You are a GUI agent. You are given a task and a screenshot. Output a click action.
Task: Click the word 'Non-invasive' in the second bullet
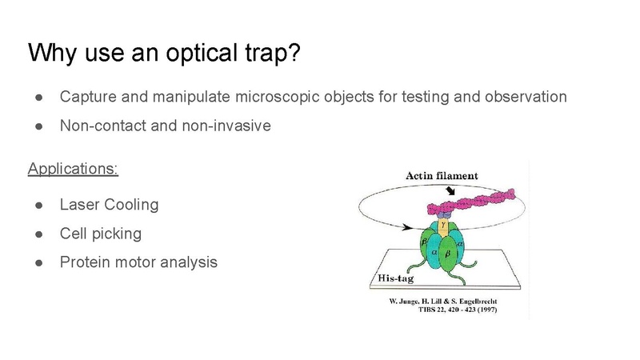pyautogui.click(x=226, y=126)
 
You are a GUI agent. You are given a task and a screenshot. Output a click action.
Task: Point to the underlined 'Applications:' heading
pyautogui.click(x=73, y=169)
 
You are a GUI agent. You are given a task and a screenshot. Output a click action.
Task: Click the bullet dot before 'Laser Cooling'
pyautogui.click(x=39, y=205)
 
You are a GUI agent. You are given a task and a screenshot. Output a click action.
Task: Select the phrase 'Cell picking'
pyautogui.click(x=101, y=234)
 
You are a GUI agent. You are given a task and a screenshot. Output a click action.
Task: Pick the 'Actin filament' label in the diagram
pyautogui.click(x=442, y=176)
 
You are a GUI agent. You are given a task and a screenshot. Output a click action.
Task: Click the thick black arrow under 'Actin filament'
pyautogui.click(x=450, y=190)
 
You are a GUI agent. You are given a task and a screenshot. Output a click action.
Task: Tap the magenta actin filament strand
pyautogui.click(x=470, y=202)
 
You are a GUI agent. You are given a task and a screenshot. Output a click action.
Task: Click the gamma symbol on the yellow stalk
pyautogui.click(x=443, y=225)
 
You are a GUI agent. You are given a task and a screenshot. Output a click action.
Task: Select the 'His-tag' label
pyautogui.click(x=395, y=278)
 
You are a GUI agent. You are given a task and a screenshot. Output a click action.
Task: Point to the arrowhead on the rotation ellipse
pyautogui.click(x=407, y=227)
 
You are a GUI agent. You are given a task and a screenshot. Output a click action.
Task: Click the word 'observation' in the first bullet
pyautogui.click(x=526, y=97)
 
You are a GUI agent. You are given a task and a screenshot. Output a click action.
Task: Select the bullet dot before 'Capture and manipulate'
pyautogui.click(x=39, y=97)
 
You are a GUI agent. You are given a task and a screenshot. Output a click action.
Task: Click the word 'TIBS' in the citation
pyautogui.click(x=426, y=310)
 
